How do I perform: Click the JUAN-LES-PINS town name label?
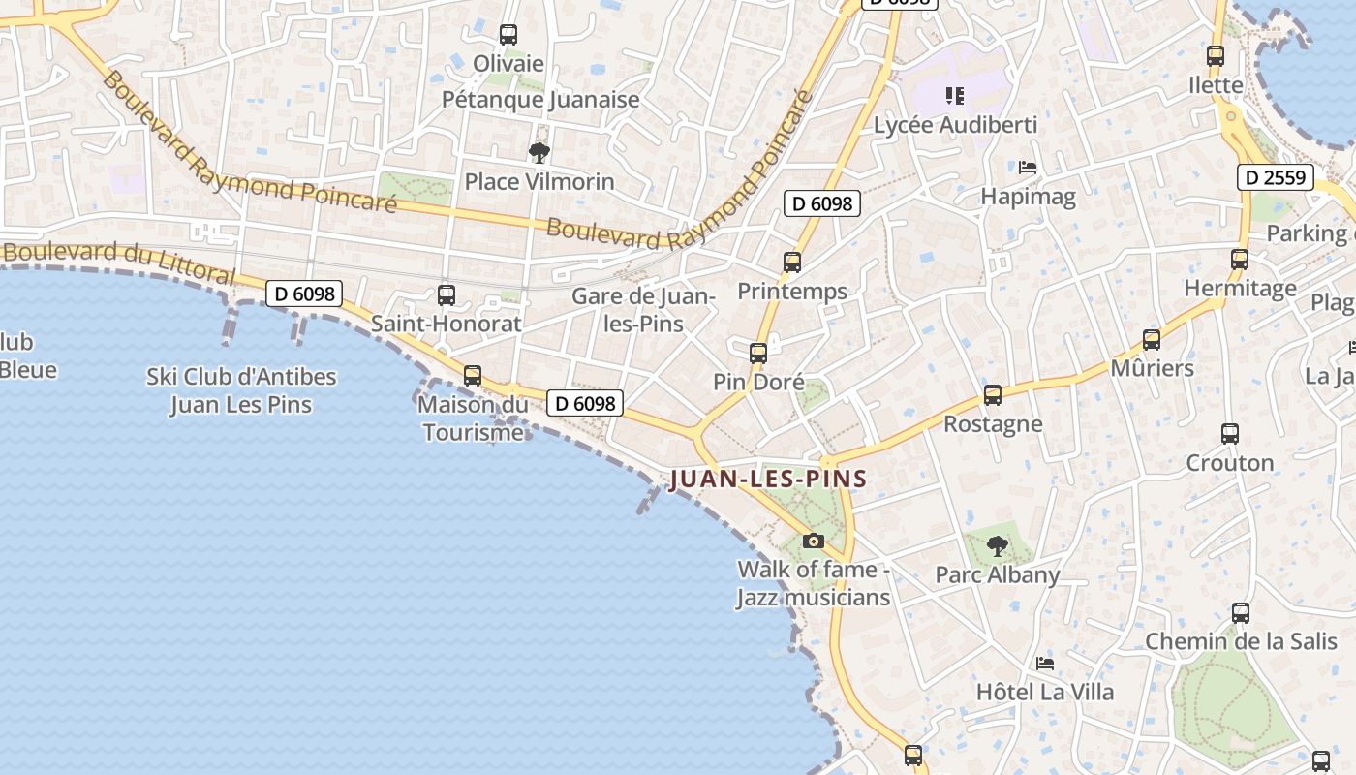[767, 479]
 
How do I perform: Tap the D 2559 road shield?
[1276, 177]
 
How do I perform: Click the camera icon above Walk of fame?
[814, 541]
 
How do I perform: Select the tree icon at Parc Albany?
[997, 546]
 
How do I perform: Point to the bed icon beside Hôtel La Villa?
[1045, 664]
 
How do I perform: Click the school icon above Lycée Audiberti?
[955, 95]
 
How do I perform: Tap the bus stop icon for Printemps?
[792, 262]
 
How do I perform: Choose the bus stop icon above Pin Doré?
[758, 353]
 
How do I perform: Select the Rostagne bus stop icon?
[993, 394]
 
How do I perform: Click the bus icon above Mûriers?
[1152, 339]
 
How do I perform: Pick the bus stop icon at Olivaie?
[508, 35]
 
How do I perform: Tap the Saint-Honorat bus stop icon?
[447, 294]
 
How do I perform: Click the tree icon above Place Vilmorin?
[539, 152]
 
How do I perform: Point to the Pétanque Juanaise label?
[540, 99]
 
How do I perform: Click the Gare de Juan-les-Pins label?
[643, 309]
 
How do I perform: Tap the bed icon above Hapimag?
[1028, 168]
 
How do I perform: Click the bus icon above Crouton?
[1230, 433]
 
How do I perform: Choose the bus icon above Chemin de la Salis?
[1241, 612]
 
